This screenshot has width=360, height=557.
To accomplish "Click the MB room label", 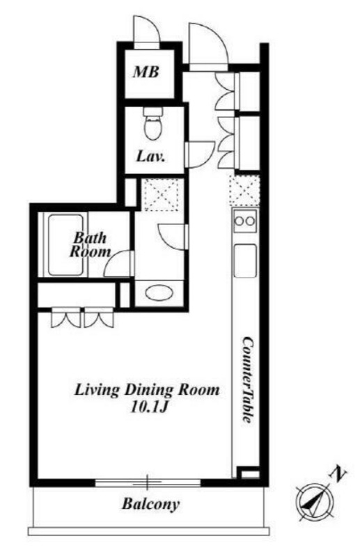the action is click(146, 72).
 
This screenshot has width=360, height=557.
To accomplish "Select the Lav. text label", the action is click(151, 156).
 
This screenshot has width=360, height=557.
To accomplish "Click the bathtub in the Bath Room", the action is click(65, 244).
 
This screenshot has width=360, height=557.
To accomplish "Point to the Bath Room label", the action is click(90, 245).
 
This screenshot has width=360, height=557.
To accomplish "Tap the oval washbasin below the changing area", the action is click(159, 293).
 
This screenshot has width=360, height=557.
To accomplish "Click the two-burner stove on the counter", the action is click(245, 221).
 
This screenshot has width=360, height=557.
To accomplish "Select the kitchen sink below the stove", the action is click(245, 260).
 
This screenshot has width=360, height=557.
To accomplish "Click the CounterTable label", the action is click(248, 379).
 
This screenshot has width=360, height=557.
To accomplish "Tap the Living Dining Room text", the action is click(147, 391).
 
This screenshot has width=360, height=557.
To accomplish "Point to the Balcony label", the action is click(150, 503).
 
